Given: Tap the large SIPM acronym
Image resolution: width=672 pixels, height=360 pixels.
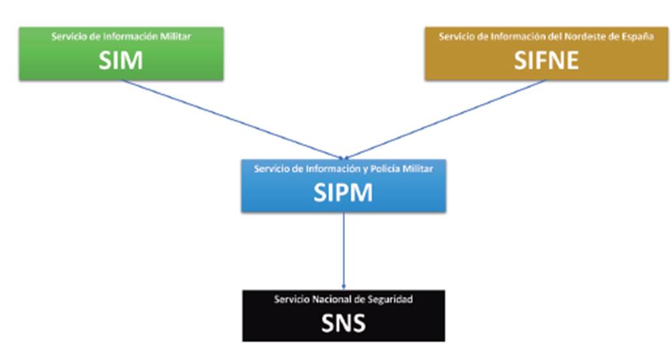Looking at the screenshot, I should pos(343,192).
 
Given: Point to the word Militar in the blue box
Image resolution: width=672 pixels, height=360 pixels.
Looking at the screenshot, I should pos(420,169).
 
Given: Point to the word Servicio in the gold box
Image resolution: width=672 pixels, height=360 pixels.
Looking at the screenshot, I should pos(455,37).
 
